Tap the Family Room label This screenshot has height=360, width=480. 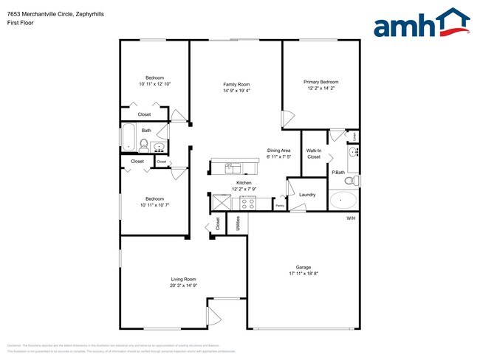click(236, 84)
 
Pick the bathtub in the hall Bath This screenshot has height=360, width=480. click(127, 137)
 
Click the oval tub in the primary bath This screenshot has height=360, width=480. click(342, 200)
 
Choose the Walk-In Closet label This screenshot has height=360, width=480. click(314, 153)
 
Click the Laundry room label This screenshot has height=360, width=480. click(307, 195)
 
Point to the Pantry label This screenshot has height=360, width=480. click(279, 206)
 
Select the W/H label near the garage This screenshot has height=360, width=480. click(351, 218)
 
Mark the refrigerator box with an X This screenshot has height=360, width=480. click(221, 201)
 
